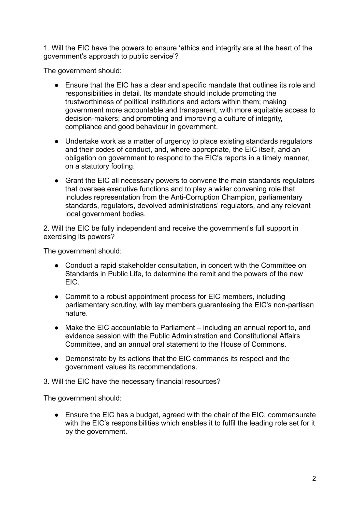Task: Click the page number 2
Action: click(314, 479)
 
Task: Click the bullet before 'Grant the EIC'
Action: click(57, 181)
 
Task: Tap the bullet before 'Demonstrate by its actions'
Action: click(57, 359)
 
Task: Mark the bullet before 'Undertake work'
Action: click(57, 141)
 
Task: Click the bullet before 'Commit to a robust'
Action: click(57, 297)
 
